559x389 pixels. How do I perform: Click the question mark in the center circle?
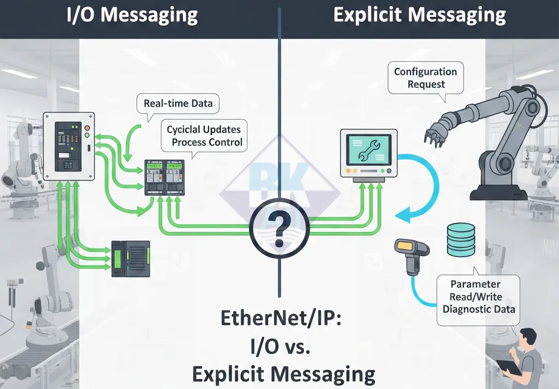[279, 228]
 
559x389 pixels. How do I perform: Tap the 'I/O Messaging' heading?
[132, 15]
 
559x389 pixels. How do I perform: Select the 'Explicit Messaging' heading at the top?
[419, 15]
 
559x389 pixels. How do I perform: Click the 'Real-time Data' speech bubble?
[178, 104]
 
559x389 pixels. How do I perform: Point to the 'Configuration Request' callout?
[425, 78]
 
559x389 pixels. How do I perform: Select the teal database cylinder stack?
[461, 239]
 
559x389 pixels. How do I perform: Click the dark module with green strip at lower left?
[130, 258]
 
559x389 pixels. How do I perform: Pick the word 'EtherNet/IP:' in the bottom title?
[281, 319]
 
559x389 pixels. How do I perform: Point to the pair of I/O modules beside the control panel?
[165, 178]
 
